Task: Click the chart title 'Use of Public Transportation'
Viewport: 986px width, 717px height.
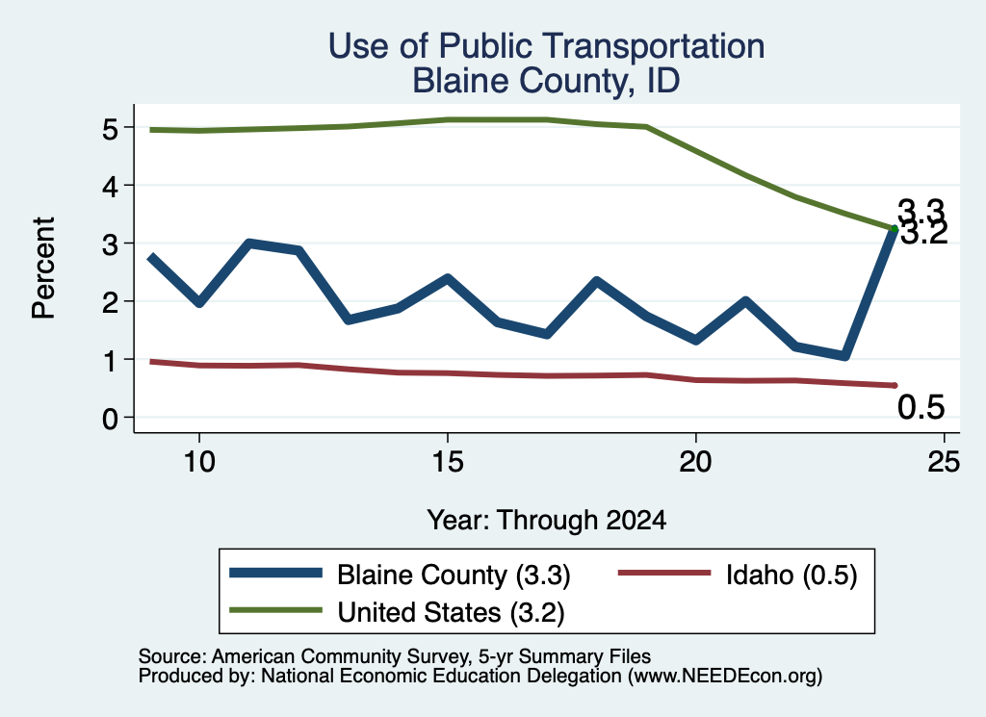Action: pos(546,46)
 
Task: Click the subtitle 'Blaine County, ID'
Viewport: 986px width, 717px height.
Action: pos(546,81)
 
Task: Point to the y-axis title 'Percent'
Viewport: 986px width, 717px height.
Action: pos(44,268)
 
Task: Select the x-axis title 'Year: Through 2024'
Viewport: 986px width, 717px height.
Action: pos(547,521)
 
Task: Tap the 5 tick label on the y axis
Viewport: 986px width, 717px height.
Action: pos(110,128)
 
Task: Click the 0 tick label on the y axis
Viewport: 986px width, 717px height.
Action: pos(110,418)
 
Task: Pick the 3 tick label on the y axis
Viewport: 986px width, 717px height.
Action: pos(110,243)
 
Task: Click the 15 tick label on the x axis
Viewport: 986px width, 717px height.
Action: pos(448,463)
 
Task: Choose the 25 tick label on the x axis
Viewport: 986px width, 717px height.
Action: pos(944,463)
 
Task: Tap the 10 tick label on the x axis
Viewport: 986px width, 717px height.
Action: pos(199,463)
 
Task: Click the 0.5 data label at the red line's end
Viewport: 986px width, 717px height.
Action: pos(921,407)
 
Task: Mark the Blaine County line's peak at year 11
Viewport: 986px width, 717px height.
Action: pos(249,243)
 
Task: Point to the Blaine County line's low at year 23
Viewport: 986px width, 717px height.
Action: pos(845,356)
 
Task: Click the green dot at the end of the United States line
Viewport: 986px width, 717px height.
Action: pos(895,229)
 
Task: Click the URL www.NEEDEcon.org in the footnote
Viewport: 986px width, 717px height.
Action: pos(725,676)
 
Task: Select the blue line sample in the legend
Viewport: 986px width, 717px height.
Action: pos(275,573)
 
